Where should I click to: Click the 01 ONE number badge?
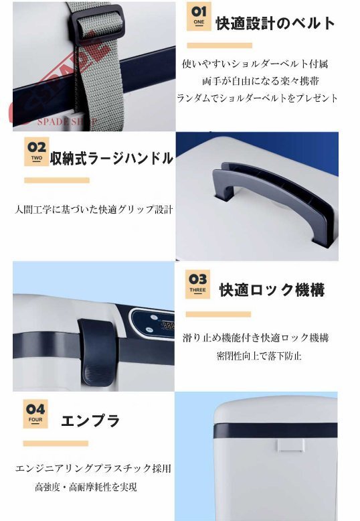click(x=198, y=16)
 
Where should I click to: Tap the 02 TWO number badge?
click(x=36, y=150)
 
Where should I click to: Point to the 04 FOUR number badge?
click(x=36, y=411)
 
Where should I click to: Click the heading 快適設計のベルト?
click(x=275, y=23)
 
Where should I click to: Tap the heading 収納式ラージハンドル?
click(x=112, y=159)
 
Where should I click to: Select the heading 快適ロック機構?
click(x=272, y=290)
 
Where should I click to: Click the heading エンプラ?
click(x=90, y=421)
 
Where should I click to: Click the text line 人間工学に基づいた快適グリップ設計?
click(x=94, y=209)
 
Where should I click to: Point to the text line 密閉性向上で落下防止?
click(x=259, y=356)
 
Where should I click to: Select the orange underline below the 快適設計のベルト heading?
click(x=219, y=46)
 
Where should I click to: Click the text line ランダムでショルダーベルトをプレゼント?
click(x=257, y=98)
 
